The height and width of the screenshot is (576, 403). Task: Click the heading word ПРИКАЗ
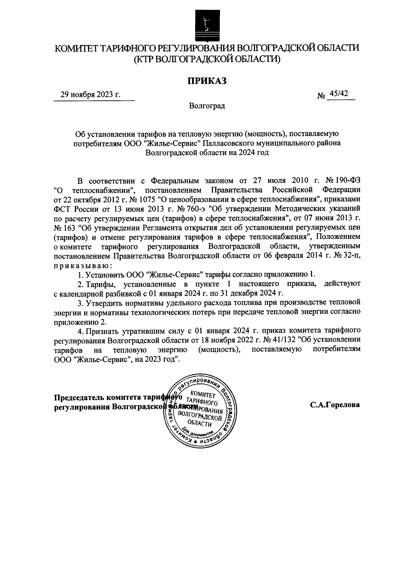[x=207, y=81]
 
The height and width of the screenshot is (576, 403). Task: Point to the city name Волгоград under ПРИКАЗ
[x=207, y=106]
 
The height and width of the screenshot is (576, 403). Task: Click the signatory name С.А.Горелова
[x=335, y=405]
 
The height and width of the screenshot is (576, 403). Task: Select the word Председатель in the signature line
[x=79, y=397]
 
